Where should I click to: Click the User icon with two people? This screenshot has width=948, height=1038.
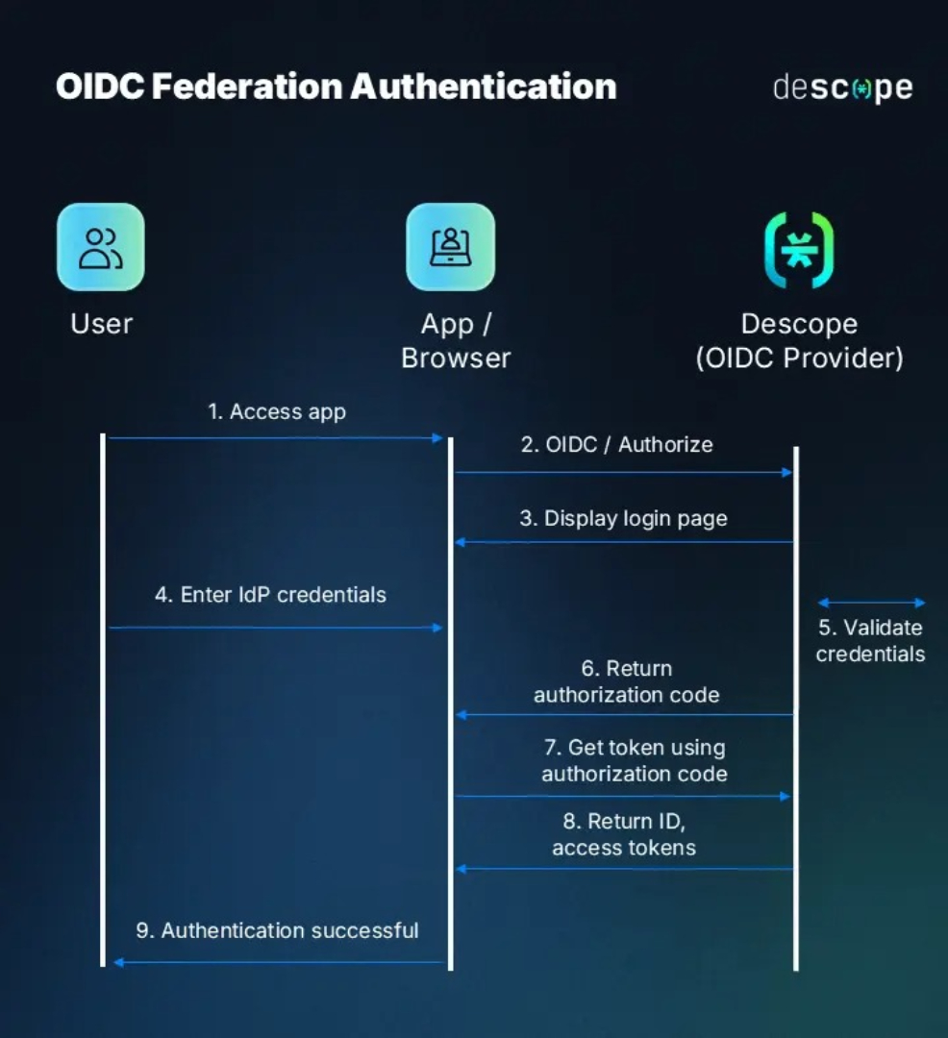point(101,247)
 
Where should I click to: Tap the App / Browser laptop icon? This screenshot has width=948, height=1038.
point(450,247)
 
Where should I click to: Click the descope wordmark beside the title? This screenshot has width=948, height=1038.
point(842,87)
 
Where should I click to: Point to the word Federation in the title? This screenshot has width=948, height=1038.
point(246,86)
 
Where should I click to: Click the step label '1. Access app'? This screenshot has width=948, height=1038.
point(277,412)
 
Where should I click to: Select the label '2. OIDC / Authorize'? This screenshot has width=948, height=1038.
point(617,445)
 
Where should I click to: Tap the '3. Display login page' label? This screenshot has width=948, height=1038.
point(623,519)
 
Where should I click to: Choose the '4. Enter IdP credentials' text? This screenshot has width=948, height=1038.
point(270,595)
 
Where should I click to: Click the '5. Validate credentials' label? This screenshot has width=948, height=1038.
point(870,641)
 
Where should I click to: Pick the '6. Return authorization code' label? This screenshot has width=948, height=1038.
point(626,681)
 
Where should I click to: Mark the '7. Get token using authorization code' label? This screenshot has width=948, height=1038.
point(634,760)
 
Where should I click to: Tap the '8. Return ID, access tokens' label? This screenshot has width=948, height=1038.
point(623,834)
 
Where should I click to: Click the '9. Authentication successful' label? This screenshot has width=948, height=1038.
point(277,930)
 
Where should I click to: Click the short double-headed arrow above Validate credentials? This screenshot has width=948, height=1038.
point(871,604)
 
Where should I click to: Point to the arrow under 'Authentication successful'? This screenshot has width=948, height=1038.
point(279,962)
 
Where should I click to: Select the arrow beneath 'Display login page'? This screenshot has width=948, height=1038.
point(623,542)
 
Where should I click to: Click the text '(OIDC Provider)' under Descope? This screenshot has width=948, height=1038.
point(799,358)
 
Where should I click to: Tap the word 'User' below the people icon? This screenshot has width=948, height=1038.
point(101,324)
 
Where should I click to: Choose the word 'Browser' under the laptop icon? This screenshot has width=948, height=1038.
point(456,358)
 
